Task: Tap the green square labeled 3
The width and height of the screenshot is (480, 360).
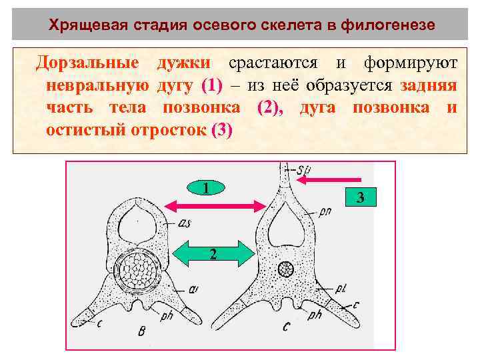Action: [360, 197]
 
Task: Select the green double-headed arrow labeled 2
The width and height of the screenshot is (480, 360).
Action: [212, 254]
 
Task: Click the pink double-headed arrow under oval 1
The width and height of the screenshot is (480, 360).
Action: [212, 205]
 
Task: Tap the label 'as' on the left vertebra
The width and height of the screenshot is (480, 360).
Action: [185, 224]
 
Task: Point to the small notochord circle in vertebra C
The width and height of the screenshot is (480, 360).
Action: [286, 270]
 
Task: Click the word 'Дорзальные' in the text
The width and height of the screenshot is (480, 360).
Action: [87, 63]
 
